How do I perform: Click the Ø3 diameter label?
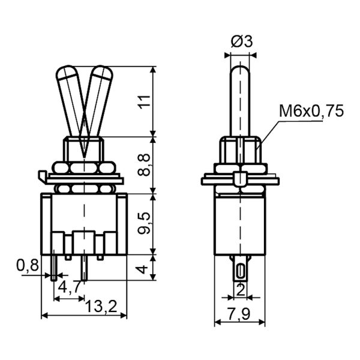242,41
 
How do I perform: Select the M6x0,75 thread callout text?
311,111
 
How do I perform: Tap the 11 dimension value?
144,100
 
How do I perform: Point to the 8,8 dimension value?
144,165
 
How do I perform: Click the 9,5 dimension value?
144,223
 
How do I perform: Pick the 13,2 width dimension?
101,306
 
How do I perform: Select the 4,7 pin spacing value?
70,287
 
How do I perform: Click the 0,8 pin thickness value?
28,266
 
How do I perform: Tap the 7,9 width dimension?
239,314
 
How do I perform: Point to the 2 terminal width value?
240,290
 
